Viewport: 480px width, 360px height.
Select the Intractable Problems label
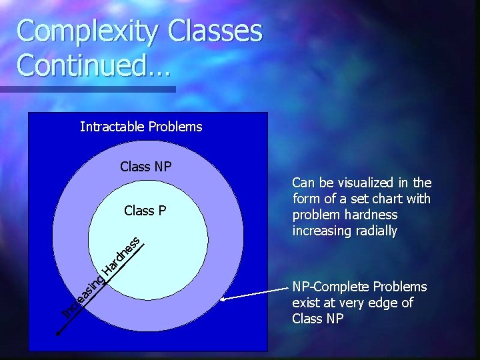(x=141, y=127)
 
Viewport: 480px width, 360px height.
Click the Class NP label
(x=145, y=167)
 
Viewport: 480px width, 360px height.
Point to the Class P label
(x=145, y=211)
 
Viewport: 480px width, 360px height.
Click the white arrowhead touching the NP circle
(x=225, y=300)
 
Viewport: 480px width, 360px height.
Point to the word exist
(x=306, y=303)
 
